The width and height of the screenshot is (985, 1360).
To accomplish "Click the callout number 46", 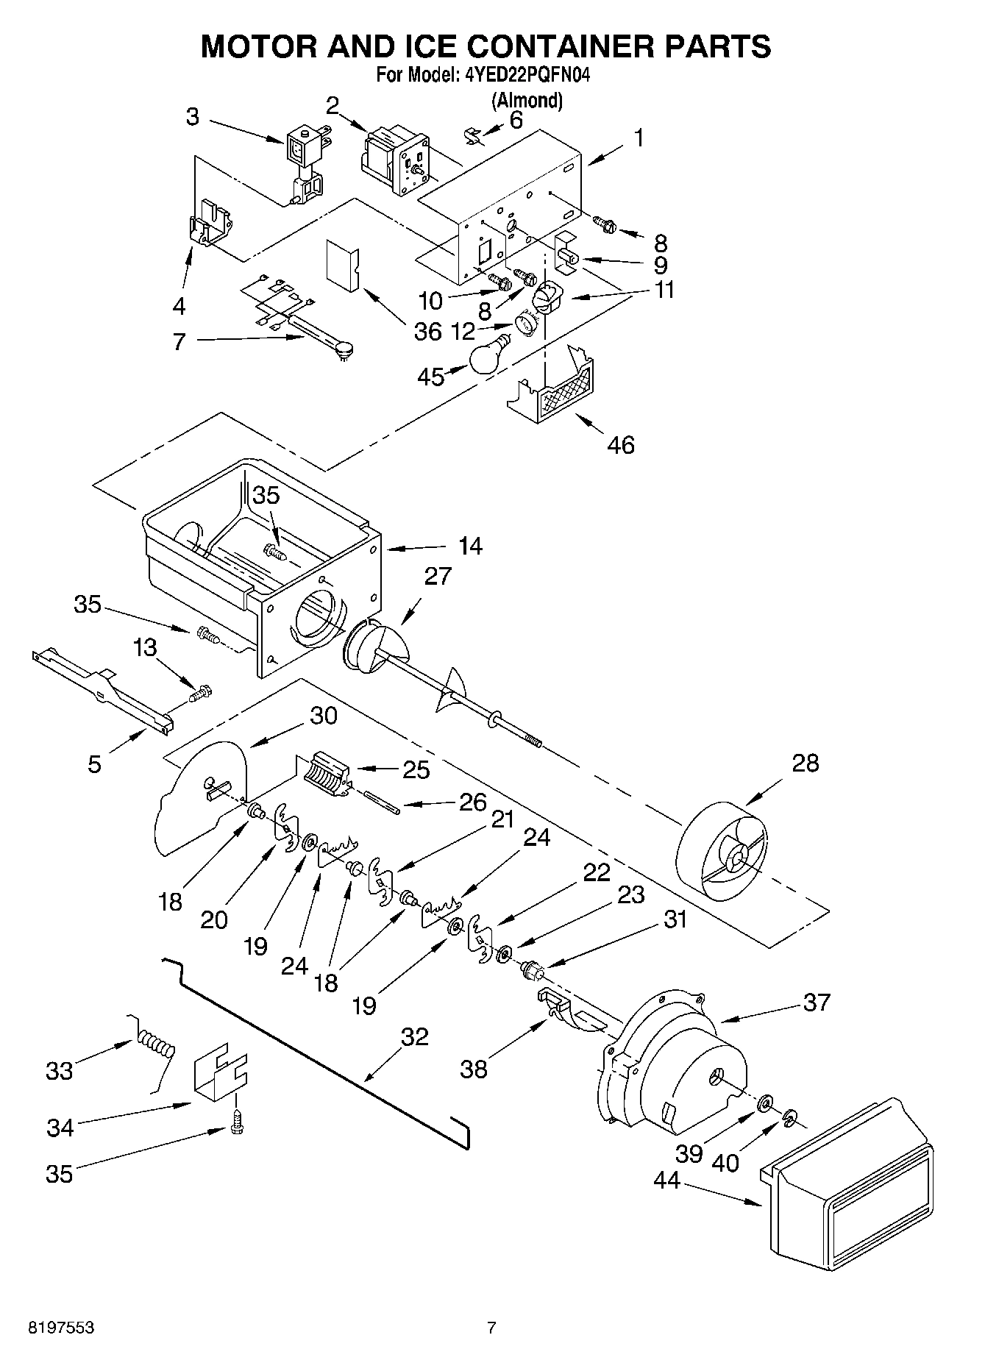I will coord(621,445).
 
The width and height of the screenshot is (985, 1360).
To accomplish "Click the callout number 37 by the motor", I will coord(816,1002).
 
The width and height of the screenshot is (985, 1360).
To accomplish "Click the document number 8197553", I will coord(60,1328).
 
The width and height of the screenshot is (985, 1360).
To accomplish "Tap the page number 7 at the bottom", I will coord(491,1328).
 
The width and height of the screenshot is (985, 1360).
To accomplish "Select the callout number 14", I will coord(470,546).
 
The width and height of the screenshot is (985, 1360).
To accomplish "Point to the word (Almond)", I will coord(527,100).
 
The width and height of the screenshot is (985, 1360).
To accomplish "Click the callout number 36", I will coord(427,332).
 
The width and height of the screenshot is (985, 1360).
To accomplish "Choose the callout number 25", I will coord(416,769).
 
